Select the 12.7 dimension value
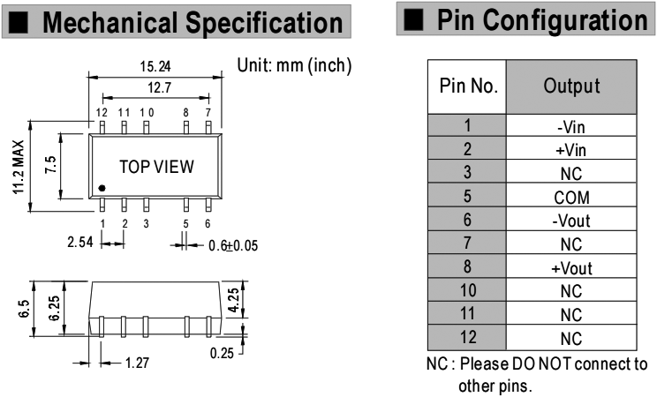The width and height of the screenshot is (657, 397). [x=155, y=88]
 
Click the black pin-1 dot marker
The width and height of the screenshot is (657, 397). [x=103, y=188]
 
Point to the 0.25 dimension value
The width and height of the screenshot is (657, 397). [x=223, y=352]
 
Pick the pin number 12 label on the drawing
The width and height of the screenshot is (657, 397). [x=102, y=113]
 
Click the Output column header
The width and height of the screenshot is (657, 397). [x=571, y=88]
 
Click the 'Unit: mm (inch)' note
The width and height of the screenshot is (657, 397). [x=296, y=65]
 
